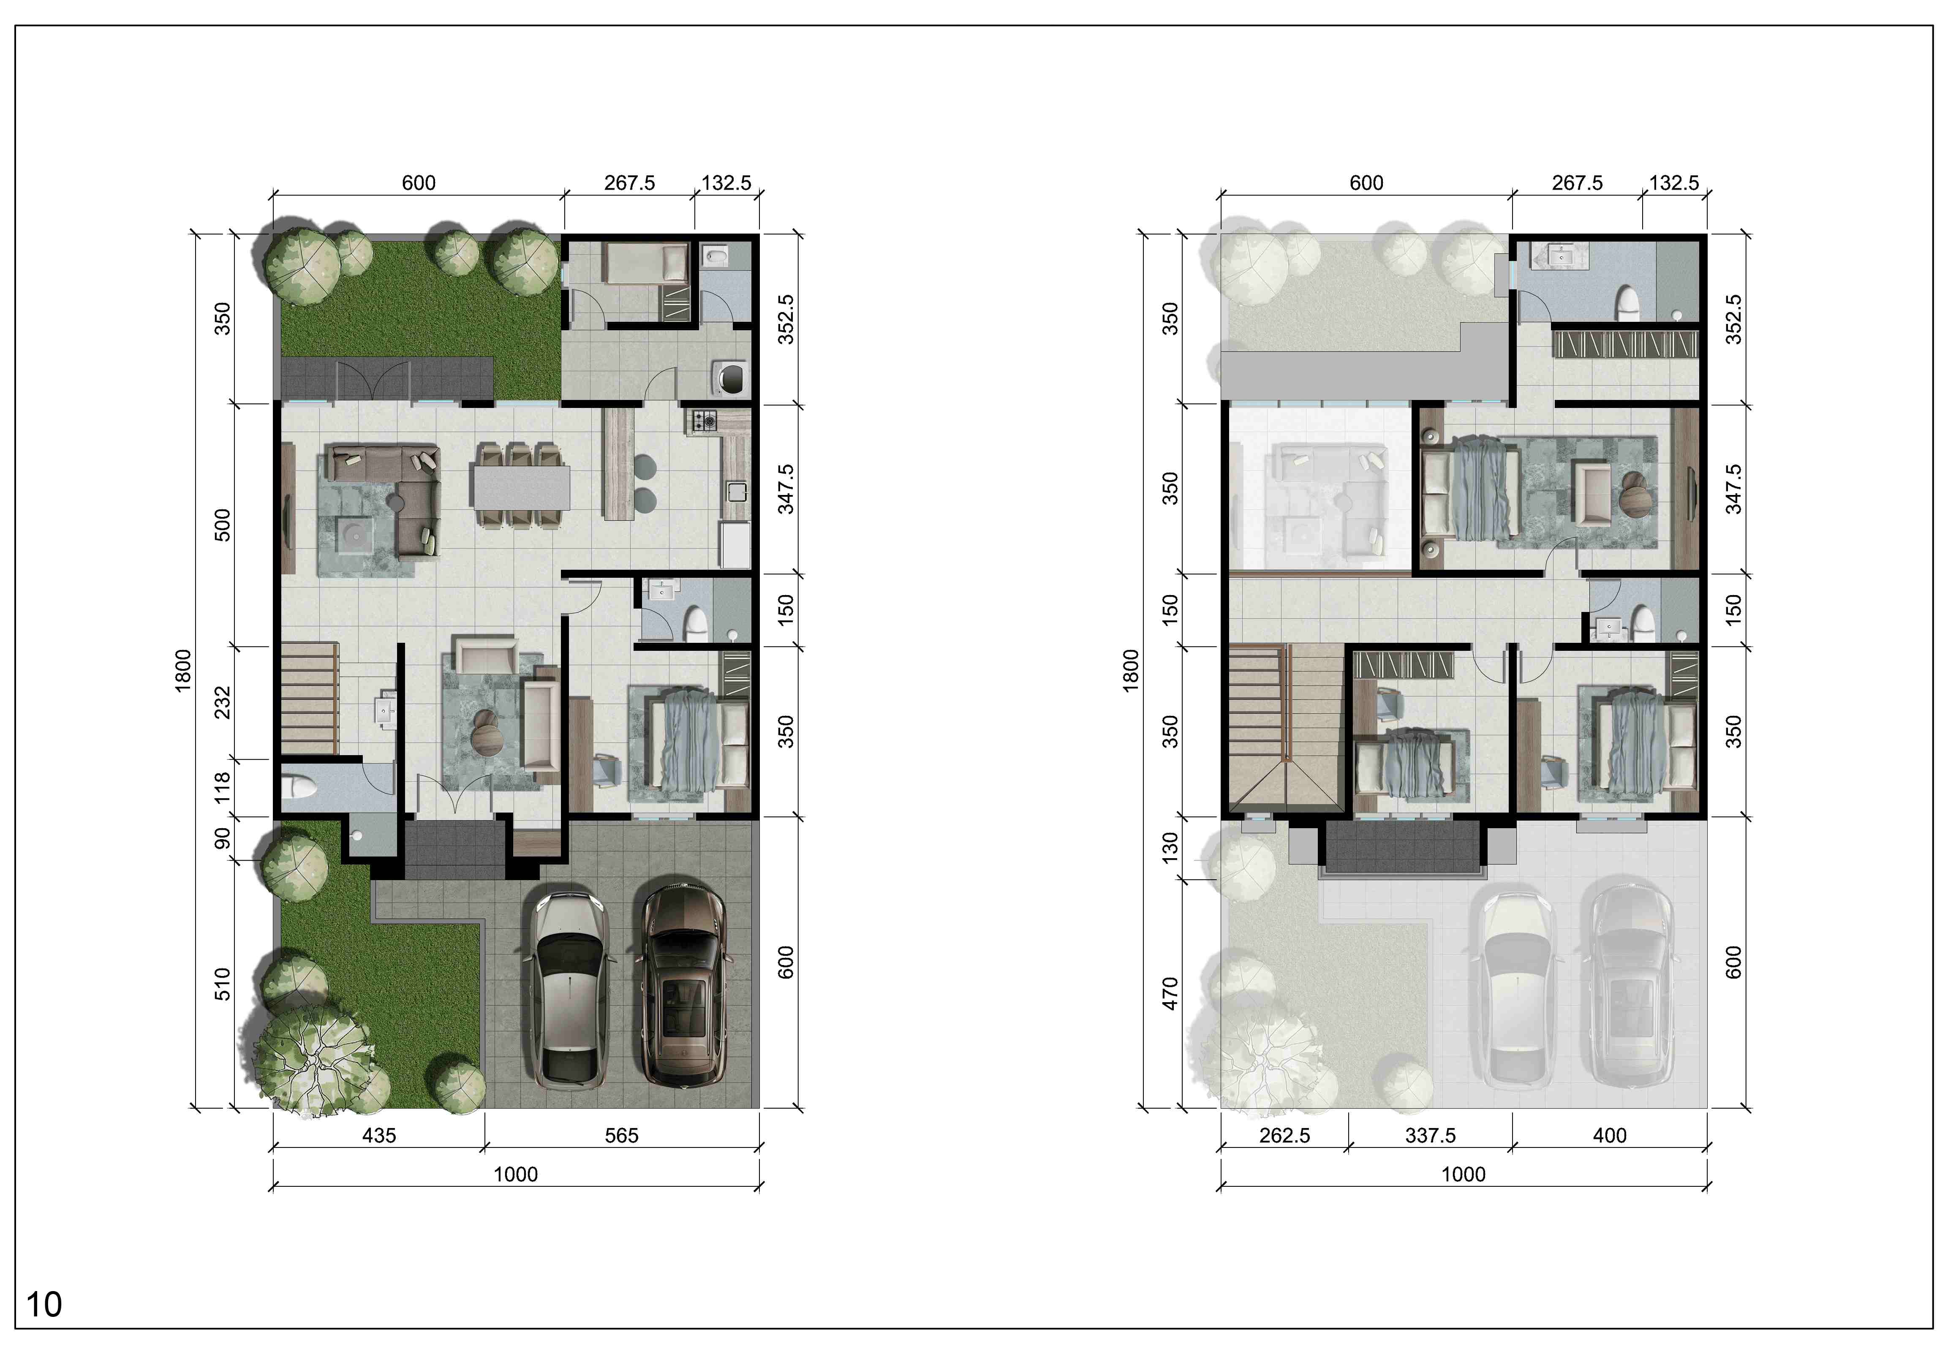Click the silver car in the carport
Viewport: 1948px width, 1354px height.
click(x=569, y=989)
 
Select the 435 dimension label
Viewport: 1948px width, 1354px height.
click(x=379, y=1135)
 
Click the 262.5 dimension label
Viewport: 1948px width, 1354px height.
click(x=1284, y=1135)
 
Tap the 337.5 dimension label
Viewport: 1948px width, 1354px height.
click(x=1431, y=1135)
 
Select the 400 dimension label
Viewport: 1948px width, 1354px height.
click(x=1610, y=1135)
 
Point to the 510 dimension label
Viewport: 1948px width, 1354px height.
click(x=222, y=984)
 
